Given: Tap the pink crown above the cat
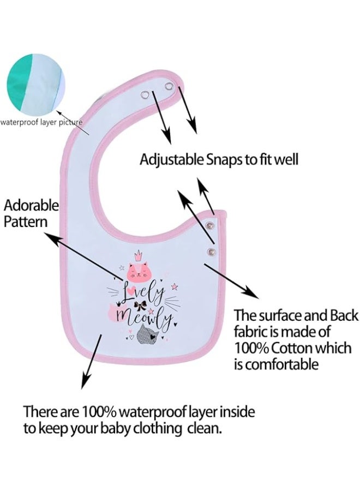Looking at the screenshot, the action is pos(138,255).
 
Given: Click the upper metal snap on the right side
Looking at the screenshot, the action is pos(209,225).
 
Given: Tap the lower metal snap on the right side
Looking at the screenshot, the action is pos(212,251).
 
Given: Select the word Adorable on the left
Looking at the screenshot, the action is pos(31,206).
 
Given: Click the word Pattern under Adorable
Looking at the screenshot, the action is pos(26,221).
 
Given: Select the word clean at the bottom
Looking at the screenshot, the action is pos(205,427).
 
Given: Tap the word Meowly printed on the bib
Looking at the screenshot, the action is pos(143,317).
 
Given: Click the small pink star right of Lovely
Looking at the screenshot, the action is pos(175,286).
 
